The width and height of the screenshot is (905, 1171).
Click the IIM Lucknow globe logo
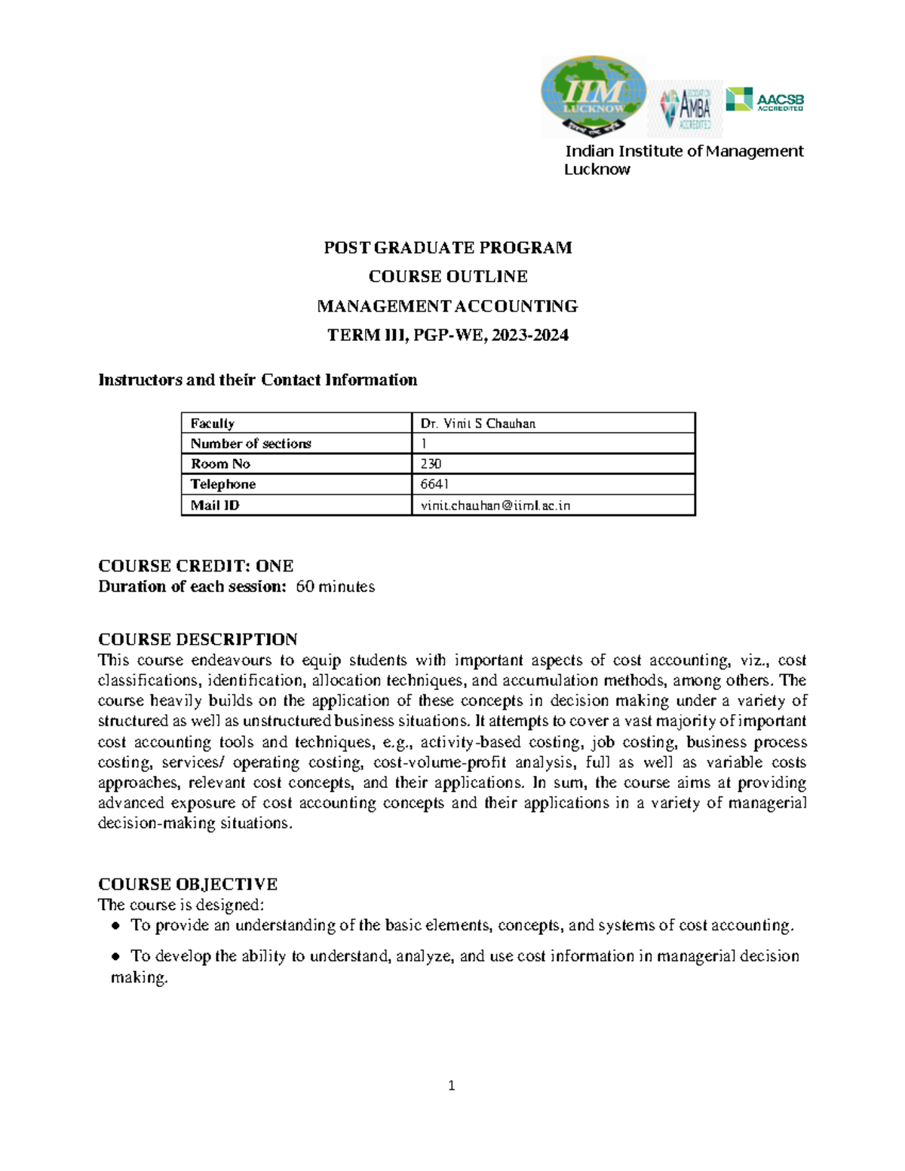[594, 96]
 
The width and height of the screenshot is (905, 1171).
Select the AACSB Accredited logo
[765, 100]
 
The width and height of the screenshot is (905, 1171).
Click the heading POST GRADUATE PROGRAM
[447, 247]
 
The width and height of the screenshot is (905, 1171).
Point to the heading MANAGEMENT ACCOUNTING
[447, 306]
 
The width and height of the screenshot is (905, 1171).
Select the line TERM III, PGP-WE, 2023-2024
[447, 335]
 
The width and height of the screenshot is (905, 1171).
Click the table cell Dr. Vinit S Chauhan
[478, 423]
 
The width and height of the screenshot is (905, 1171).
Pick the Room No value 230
[431, 464]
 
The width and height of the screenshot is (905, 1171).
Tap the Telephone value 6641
[434, 484]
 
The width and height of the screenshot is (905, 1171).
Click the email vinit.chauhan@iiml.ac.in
[495, 505]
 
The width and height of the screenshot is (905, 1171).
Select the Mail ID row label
[215, 505]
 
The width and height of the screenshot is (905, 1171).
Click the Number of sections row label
[250, 443]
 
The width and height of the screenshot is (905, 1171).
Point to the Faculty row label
[212, 423]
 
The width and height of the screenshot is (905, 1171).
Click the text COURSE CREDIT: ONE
[195, 566]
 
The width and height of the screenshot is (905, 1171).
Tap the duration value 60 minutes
[335, 587]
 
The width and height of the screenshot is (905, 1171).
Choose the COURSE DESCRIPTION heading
[198, 639]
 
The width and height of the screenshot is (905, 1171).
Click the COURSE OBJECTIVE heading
[188, 884]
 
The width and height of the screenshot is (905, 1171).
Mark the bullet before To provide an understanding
[115, 926]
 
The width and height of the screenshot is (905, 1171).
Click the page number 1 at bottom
[451, 1086]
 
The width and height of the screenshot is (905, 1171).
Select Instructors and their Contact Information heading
[257, 380]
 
